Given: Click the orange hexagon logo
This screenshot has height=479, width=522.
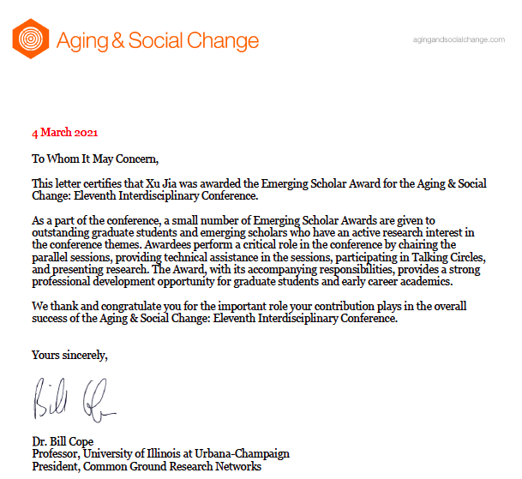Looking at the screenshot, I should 30,39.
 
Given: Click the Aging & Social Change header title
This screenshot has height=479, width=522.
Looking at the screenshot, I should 157,40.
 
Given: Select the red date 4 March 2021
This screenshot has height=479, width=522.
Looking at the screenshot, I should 65,133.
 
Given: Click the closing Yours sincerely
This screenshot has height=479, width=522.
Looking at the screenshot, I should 69,354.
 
